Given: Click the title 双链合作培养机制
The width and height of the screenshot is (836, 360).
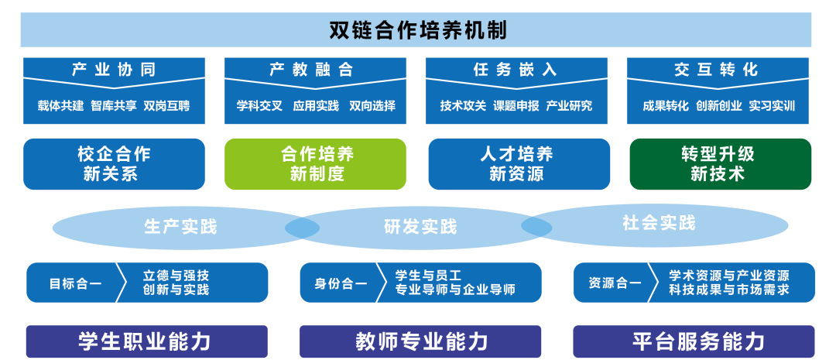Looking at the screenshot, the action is [x=418, y=30].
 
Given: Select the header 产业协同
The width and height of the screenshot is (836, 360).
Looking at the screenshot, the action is [x=114, y=70].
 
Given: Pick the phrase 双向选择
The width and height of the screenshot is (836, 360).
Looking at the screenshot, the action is [x=372, y=105].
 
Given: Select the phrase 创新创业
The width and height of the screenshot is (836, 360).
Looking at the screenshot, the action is [x=718, y=105].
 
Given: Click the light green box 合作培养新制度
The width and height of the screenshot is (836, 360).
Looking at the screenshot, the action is [x=315, y=164].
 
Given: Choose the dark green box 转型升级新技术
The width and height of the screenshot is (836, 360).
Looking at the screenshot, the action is [x=721, y=164].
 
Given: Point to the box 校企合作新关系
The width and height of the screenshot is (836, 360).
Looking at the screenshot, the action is [x=114, y=164].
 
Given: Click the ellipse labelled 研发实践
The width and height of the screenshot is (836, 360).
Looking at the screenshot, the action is [x=419, y=228].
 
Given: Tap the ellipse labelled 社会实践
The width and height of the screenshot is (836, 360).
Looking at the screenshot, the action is [x=655, y=225].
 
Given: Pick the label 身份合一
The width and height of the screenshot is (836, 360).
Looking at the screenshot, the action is [x=341, y=283].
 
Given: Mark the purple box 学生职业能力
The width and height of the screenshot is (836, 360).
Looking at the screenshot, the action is [x=146, y=341].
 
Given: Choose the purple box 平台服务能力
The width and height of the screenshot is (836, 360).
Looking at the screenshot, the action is [x=694, y=341].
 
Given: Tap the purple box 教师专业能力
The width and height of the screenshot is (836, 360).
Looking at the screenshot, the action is [x=420, y=341].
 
